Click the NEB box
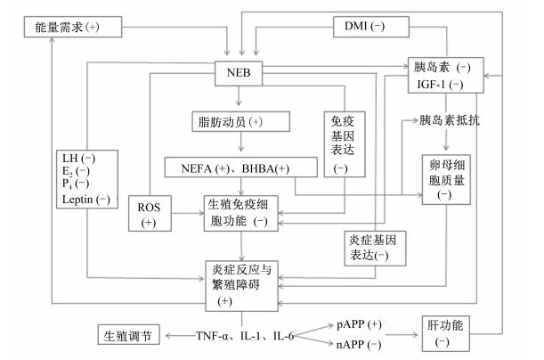click(239, 73)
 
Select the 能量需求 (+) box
click(73, 27)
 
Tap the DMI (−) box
click(371, 27)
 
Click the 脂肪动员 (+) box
click(240, 121)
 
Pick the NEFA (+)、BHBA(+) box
click(240, 168)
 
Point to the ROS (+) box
click(150, 214)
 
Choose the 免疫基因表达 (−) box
click(345, 144)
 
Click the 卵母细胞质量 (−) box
click(446, 179)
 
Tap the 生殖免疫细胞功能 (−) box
click(240, 214)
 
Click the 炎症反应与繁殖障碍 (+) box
click(241, 286)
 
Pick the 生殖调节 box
click(129, 335)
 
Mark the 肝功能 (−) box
click(445, 333)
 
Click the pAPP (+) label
click(359, 324)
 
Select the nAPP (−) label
click(359, 344)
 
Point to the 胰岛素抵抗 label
click(450, 120)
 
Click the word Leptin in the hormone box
click(77, 200)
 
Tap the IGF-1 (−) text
click(440, 85)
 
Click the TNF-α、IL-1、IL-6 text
click(245, 336)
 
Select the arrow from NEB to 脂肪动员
click(239, 96)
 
